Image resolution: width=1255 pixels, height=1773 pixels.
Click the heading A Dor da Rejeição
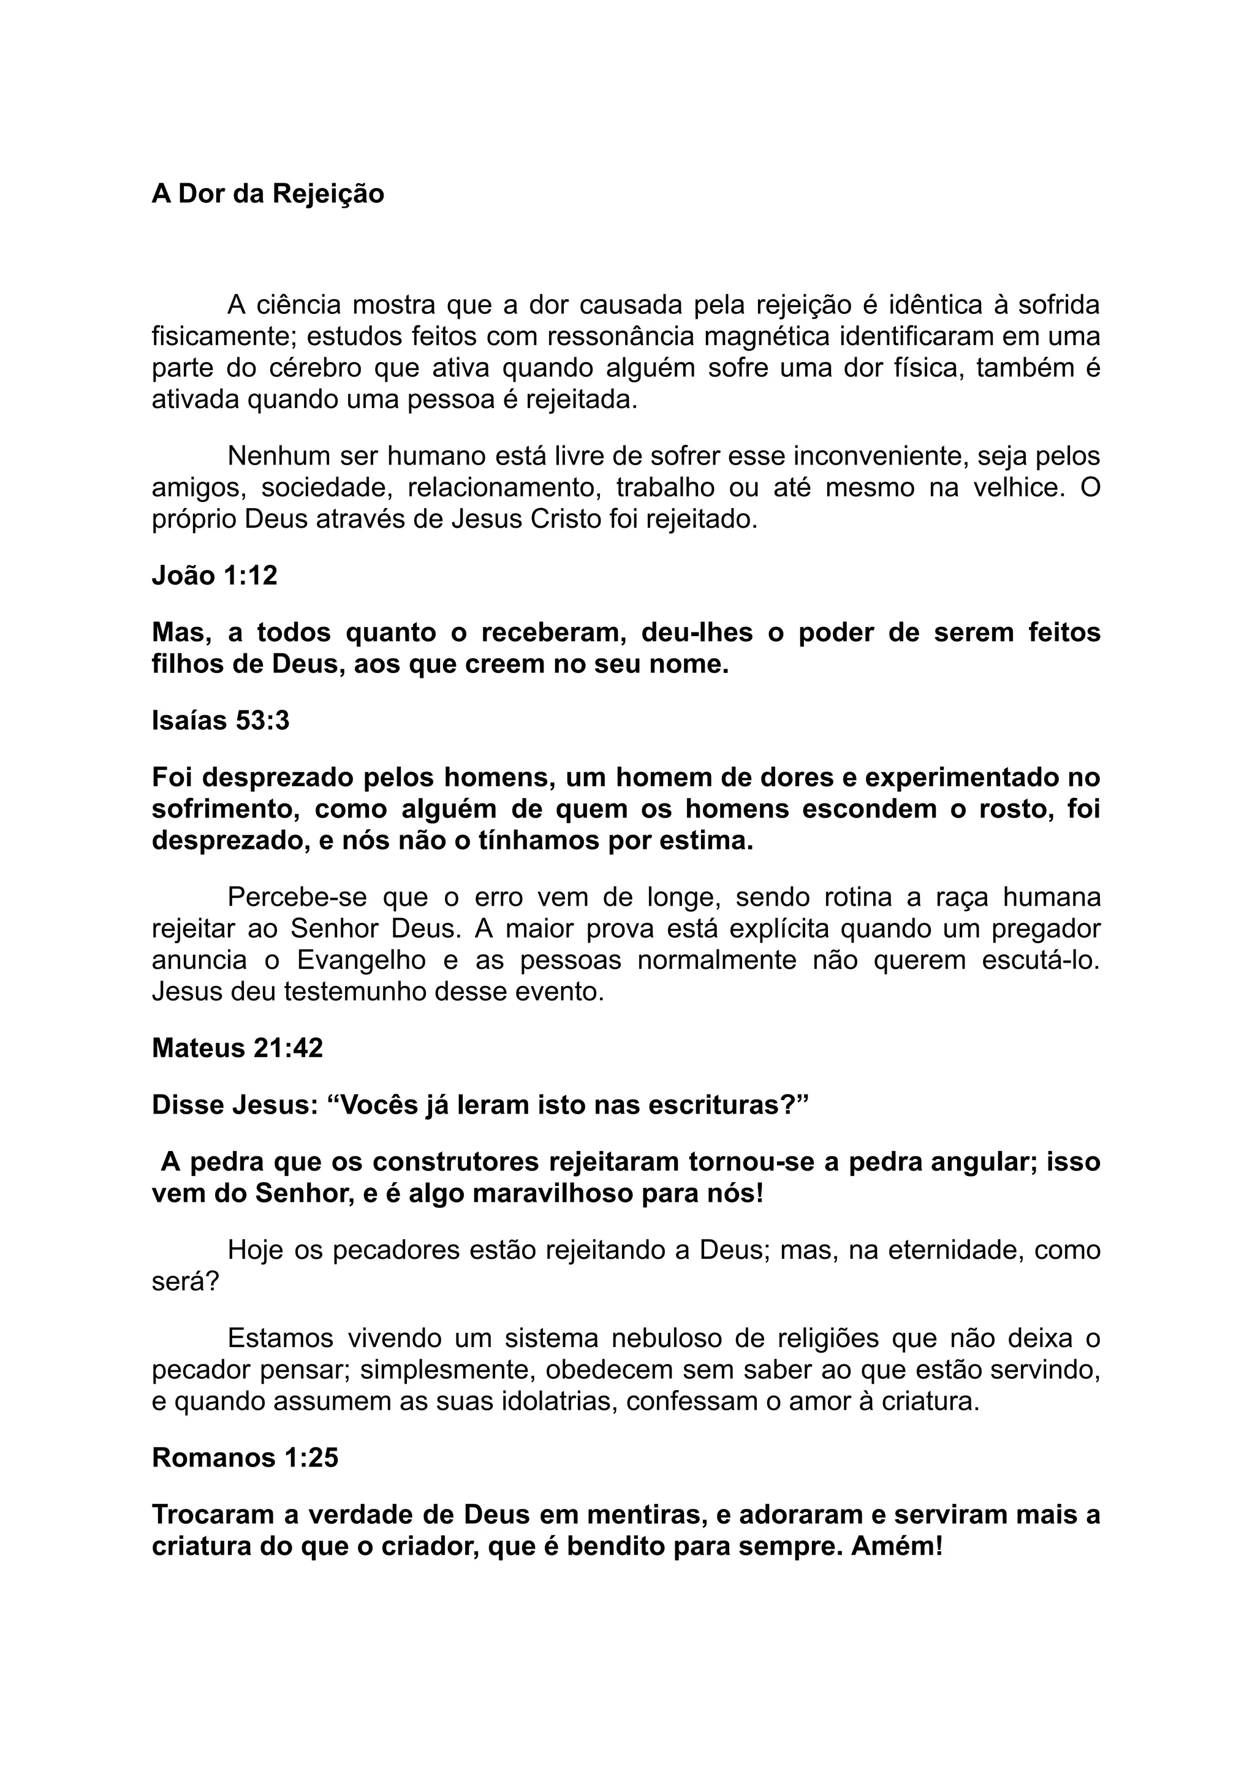coord(267,194)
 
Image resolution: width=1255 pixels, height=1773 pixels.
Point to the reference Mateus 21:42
coord(237,1048)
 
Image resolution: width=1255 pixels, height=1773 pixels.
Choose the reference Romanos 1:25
coord(245,1457)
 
